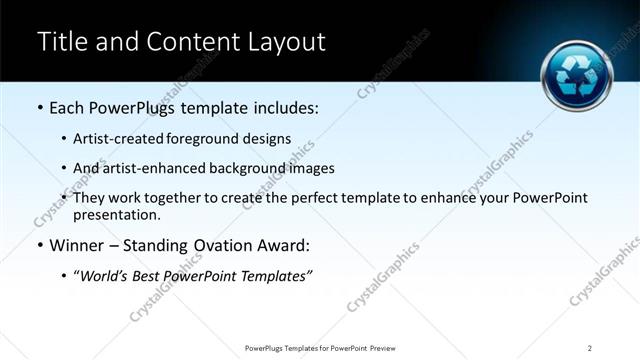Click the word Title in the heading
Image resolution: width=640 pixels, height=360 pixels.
(61, 42)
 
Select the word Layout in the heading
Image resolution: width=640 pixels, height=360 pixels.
(288, 42)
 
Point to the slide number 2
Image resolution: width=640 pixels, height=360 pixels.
(590, 347)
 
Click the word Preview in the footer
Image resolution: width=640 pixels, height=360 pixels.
(388, 347)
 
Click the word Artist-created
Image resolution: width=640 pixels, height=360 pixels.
(115, 138)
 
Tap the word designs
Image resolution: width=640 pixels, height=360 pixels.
(267, 138)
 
